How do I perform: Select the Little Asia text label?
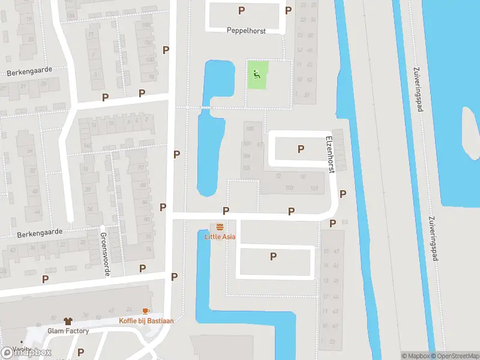[x=220, y=236]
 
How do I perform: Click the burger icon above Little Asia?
[x=220, y=227]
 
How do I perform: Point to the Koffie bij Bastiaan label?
[x=146, y=320]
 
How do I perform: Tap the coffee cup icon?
[x=145, y=311]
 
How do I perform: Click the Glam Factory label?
[x=68, y=331]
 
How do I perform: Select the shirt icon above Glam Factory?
[x=68, y=321]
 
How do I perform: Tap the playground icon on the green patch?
[x=256, y=75]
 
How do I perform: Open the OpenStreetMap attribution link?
[x=455, y=356]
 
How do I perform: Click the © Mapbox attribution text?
[x=415, y=356]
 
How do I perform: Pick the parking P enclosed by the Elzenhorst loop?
[x=301, y=149]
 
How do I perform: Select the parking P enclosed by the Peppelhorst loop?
[x=242, y=10]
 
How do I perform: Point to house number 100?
[x=250, y=129]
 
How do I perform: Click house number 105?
[x=246, y=168]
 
